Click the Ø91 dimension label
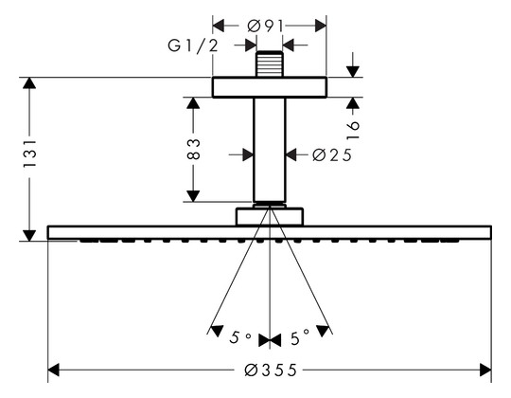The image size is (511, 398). coord(265,26)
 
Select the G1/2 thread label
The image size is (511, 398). coord(193,45)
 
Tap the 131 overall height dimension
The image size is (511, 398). coord(29,154)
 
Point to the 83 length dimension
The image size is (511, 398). coord(193,150)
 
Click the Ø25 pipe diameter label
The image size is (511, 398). coord(332,155)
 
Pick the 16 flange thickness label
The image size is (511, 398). coord(353,130)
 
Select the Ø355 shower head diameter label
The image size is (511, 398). coord(271,371)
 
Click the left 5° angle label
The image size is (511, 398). coord(240,337)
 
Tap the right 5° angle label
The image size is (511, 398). coord(299,338)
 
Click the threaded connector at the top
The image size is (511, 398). coord(269,63)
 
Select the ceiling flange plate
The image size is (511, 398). coord(269,87)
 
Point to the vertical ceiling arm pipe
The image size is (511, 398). coord(269,150)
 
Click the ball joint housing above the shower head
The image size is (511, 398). coord(270,216)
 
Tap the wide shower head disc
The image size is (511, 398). coord(270,232)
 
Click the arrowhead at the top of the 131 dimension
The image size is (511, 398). coord(29,83)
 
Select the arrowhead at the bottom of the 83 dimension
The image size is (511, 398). coord(193,196)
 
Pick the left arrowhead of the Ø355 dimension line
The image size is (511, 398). coord(53,371)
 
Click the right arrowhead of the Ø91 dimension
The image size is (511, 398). coord(321,26)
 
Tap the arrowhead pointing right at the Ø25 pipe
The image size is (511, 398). coord(248,154)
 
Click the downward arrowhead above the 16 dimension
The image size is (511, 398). coord(353,72)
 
